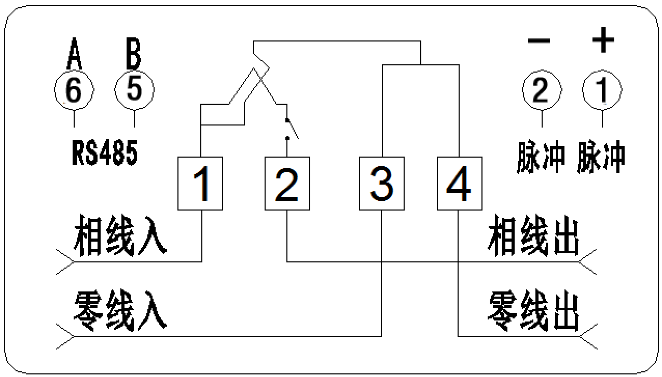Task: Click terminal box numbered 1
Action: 200,184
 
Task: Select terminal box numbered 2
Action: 287,184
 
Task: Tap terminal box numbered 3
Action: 381,184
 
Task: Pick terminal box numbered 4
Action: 459,184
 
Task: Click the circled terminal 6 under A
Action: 74,91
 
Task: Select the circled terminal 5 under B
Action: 134,90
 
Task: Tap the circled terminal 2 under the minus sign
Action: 542,91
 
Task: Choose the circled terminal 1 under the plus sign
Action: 602,91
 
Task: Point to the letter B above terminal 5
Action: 133,54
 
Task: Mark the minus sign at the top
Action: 539,41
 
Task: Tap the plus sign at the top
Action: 603,40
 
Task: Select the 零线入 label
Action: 120,312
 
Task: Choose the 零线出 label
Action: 533,312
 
